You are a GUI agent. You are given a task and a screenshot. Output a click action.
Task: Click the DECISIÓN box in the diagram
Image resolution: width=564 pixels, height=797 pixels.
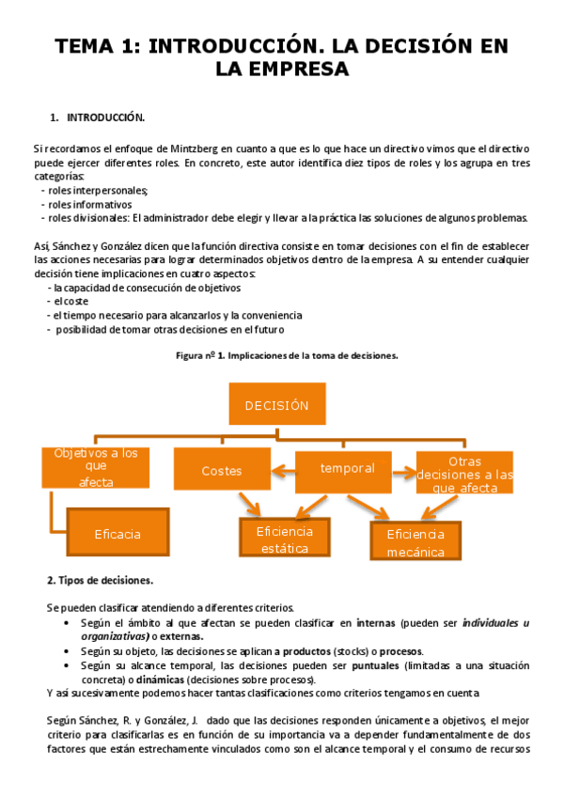[x=276, y=405]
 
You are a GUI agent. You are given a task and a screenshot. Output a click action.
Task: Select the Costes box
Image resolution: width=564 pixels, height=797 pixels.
[x=222, y=470]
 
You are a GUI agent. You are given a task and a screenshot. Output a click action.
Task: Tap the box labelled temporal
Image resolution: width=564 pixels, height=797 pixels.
[x=347, y=468]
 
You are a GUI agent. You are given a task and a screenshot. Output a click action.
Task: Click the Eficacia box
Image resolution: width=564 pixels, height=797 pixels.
[x=117, y=533]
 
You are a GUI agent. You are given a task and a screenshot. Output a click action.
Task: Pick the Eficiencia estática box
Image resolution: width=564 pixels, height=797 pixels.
[x=284, y=539]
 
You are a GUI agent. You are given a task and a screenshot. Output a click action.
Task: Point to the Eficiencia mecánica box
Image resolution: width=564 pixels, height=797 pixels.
[x=415, y=542]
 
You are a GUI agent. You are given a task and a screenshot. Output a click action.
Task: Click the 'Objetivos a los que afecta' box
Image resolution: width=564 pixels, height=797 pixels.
[x=96, y=467]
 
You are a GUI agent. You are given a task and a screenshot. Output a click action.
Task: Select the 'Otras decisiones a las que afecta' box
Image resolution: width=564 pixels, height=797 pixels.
[x=465, y=473]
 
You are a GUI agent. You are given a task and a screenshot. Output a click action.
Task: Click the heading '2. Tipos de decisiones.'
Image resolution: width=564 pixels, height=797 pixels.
[x=100, y=580]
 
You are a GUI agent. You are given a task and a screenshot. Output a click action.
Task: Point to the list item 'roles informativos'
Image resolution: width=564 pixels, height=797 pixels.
[x=92, y=204]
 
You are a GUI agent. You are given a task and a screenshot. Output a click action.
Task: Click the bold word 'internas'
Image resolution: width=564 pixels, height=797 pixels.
[x=375, y=623]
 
